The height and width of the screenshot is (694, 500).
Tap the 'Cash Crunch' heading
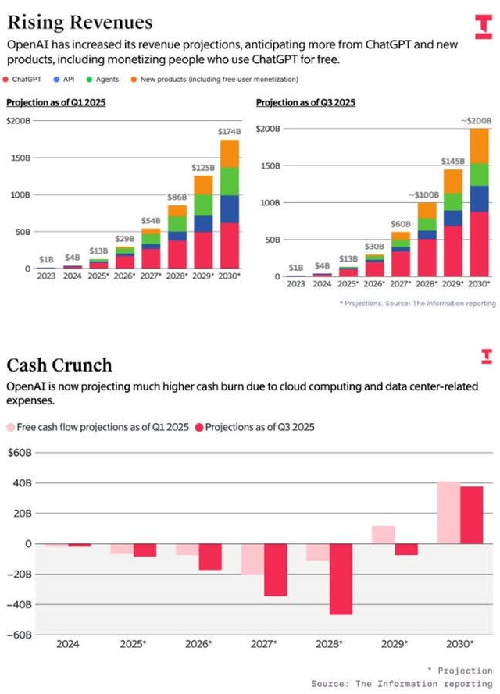pyautogui.click(x=59, y=365)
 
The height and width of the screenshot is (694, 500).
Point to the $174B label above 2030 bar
pyautogui.click(x=228, y=132)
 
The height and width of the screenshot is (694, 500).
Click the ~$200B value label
pyautogui.click(x=475, y=121)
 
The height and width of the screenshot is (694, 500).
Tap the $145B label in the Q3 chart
pyautogui.click(x=453, y=162)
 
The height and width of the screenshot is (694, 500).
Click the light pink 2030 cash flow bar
pyautogui.click(x=448, y=513)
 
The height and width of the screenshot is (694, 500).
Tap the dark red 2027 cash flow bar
pyautogui.click(x=275, y=570)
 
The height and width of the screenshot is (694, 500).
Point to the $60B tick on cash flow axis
pyautogui.click(x=19, y=452)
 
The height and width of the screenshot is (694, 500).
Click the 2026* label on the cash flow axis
pyautogui.click(x=198, y=644)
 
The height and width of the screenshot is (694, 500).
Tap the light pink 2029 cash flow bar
pyautogui.click(x=383, y=535)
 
